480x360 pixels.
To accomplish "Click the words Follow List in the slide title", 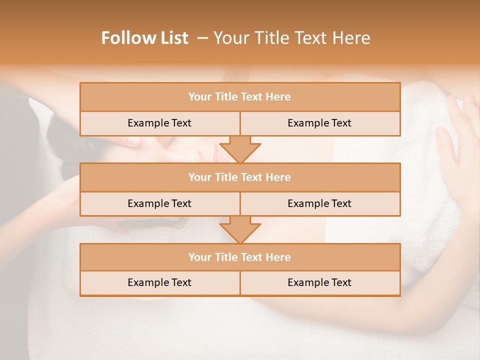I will pos(144,38).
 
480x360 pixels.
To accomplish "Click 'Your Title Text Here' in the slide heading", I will pos(291,38).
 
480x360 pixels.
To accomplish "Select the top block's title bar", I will pos(239,97).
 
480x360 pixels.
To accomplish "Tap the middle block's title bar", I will pos(239,177).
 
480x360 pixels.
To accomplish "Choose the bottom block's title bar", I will pos(239,257).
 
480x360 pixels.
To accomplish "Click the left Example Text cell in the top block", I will pos(159,123).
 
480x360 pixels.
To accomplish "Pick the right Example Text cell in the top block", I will pos(319,123).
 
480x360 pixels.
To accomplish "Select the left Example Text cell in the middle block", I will pos(159,203).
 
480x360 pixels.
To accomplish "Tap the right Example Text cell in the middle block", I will pos(319,203).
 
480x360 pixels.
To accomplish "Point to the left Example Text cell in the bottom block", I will pos(159,282).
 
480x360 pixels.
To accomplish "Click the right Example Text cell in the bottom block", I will pos(319,282).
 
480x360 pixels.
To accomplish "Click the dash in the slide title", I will pos(203,38).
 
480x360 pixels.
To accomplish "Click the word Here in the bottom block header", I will pos(278,257).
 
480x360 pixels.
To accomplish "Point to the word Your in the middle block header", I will pos(199,177).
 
